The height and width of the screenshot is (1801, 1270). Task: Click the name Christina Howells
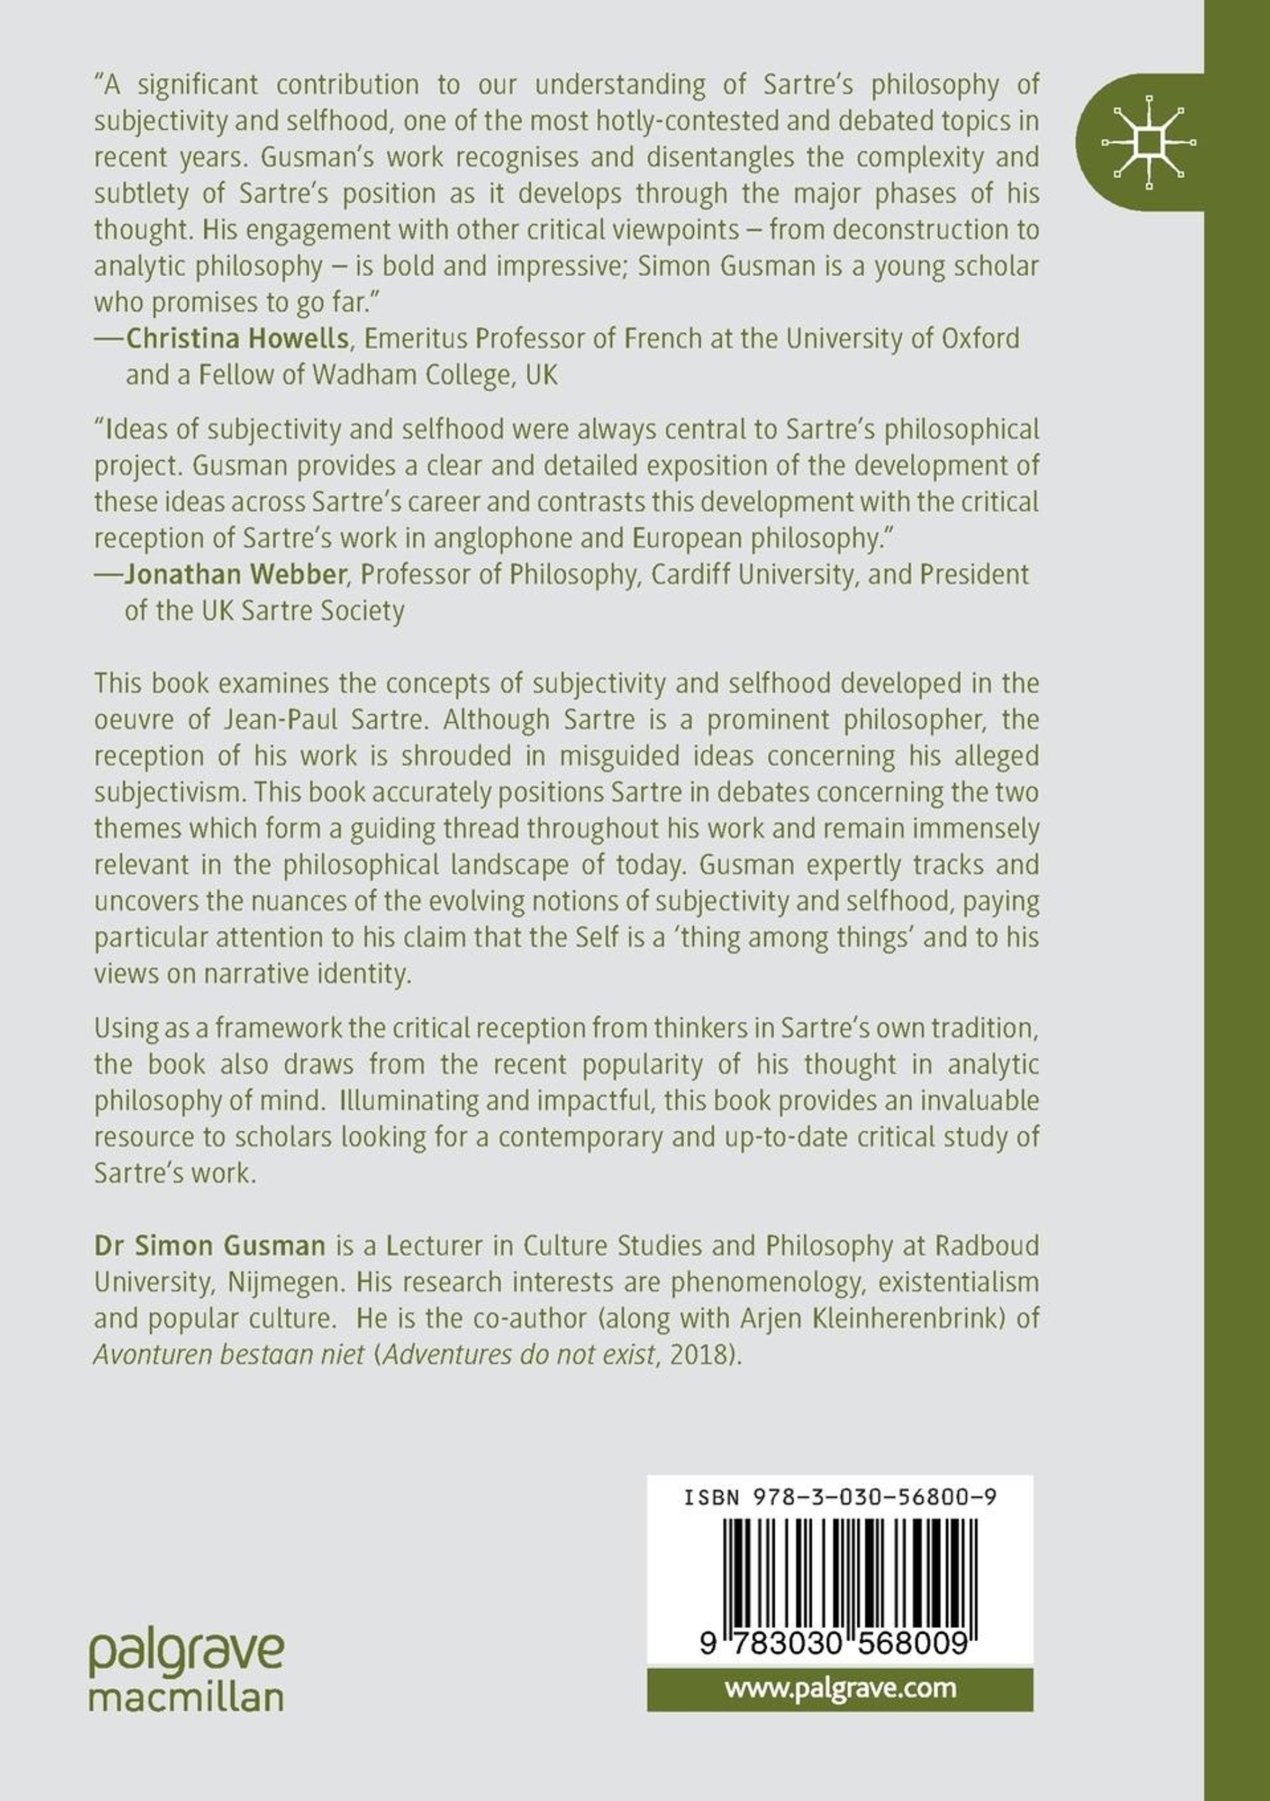click(x=237, y=338)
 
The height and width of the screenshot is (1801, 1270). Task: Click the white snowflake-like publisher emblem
click(x=1148, y=143)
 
